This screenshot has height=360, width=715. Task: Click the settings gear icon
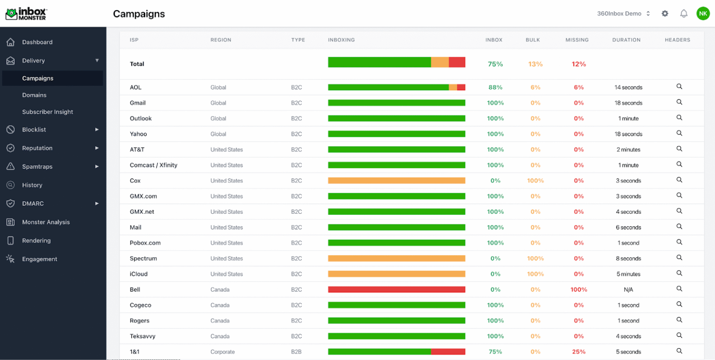[665, 14]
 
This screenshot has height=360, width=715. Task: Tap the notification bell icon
[684, 14]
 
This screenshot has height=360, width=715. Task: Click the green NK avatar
[703, 14]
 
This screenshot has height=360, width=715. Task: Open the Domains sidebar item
[34, 95]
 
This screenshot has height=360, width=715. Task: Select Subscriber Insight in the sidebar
[47, 112]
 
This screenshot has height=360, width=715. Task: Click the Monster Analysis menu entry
[46, 222]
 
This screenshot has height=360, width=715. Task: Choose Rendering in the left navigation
[36, 240]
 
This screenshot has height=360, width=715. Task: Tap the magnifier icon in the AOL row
[679, 87]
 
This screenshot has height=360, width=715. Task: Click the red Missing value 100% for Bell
[579, 289]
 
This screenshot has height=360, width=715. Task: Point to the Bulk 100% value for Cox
[535, 181]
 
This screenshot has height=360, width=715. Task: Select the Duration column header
[626, 40]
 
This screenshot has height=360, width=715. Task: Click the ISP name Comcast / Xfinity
[154, 165]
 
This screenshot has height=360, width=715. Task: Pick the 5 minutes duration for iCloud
[628, 274]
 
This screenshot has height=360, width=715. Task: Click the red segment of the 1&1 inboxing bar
[448, 352]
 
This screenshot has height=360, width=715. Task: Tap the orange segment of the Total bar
[440, 62]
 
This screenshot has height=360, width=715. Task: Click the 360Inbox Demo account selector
[623, 14]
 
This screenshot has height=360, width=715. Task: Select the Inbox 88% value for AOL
[495, 87]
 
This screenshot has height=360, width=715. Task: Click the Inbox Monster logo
[26, 14]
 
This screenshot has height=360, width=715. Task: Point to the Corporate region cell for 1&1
[223, 352]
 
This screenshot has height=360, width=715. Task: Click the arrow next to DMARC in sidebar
[97, 204]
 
